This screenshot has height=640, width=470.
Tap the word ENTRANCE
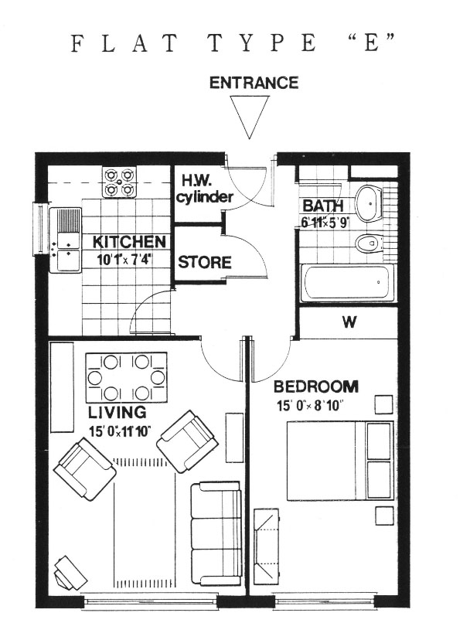tap(254, 83)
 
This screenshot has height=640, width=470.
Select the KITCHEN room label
tap(129, 242)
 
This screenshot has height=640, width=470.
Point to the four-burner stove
tap(118, 182)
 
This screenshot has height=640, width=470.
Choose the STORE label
tap(205, 262)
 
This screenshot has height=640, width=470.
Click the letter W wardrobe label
tap(349, 322)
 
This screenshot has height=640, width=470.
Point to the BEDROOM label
tap(315, 386)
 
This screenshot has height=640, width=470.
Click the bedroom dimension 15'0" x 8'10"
tap(309, 407)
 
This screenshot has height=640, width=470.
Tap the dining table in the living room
tap(126, 377)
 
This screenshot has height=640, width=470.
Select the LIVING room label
tap(117, 412)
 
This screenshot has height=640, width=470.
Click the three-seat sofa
tap(216, 534)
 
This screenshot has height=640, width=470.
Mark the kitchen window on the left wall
tap(40, 230)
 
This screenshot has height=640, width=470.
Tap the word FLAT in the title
tap(124, 43)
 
